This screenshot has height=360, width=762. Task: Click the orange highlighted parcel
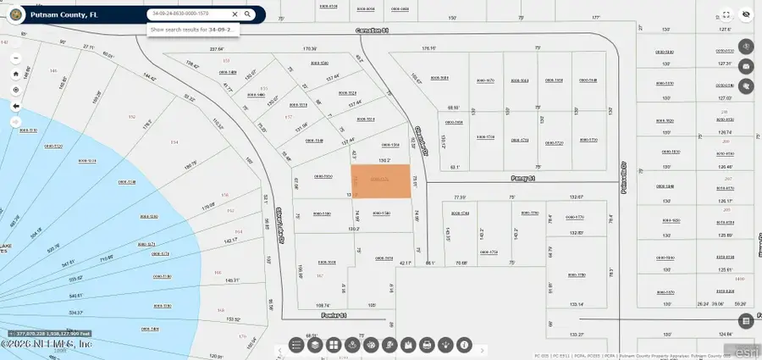click(x=381, y=181)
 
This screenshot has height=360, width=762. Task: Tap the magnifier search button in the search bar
click(x=247, y=14)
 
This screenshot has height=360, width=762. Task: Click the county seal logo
click(x=13, y=14)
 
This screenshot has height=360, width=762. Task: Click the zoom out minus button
click(x=15, y=74)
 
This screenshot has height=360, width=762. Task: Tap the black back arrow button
click(x=15, y=106)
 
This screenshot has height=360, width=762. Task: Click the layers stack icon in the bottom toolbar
click(x=315, y=345)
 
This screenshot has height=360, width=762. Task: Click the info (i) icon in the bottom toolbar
click(x=465, y=345)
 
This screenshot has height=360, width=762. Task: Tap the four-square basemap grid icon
click(x=334, y=345)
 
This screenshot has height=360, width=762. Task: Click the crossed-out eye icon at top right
click(x=746, y=14)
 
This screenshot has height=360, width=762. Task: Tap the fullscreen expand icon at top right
click(x=726, y=14)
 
